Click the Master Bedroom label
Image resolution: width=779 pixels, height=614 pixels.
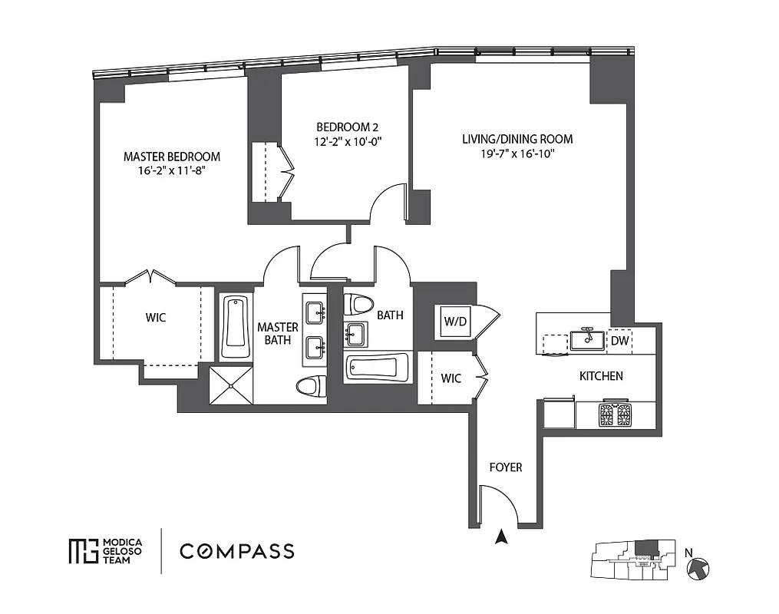(172, 157)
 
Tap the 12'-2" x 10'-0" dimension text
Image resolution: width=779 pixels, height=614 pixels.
(348, 141)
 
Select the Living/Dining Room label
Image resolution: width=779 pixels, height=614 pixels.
(517, 139)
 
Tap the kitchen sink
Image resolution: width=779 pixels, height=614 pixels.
(588, 340)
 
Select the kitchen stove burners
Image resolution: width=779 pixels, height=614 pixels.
(615, 414)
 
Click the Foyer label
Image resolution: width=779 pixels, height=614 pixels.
(506, 467)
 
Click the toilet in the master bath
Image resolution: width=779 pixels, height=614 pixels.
(309, 386)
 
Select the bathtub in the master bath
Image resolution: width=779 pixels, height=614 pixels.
(236, 328)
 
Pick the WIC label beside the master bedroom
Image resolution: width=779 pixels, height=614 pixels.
(157, 317)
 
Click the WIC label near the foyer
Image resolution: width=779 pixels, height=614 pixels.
(451, 378)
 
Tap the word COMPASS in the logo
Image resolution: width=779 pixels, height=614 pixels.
(236, 551)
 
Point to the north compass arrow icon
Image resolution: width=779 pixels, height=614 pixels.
(698, 568)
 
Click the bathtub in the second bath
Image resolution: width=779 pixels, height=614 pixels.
(377, 368)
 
